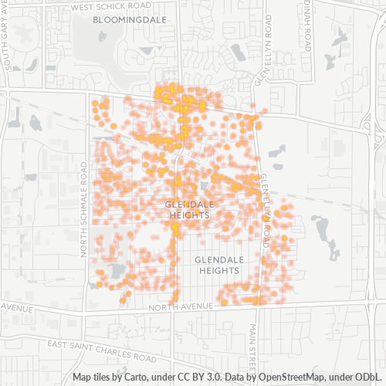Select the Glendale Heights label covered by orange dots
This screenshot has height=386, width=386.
click(x=188, y=209)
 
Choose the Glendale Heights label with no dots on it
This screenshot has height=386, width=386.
click(x=218, y=266)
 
